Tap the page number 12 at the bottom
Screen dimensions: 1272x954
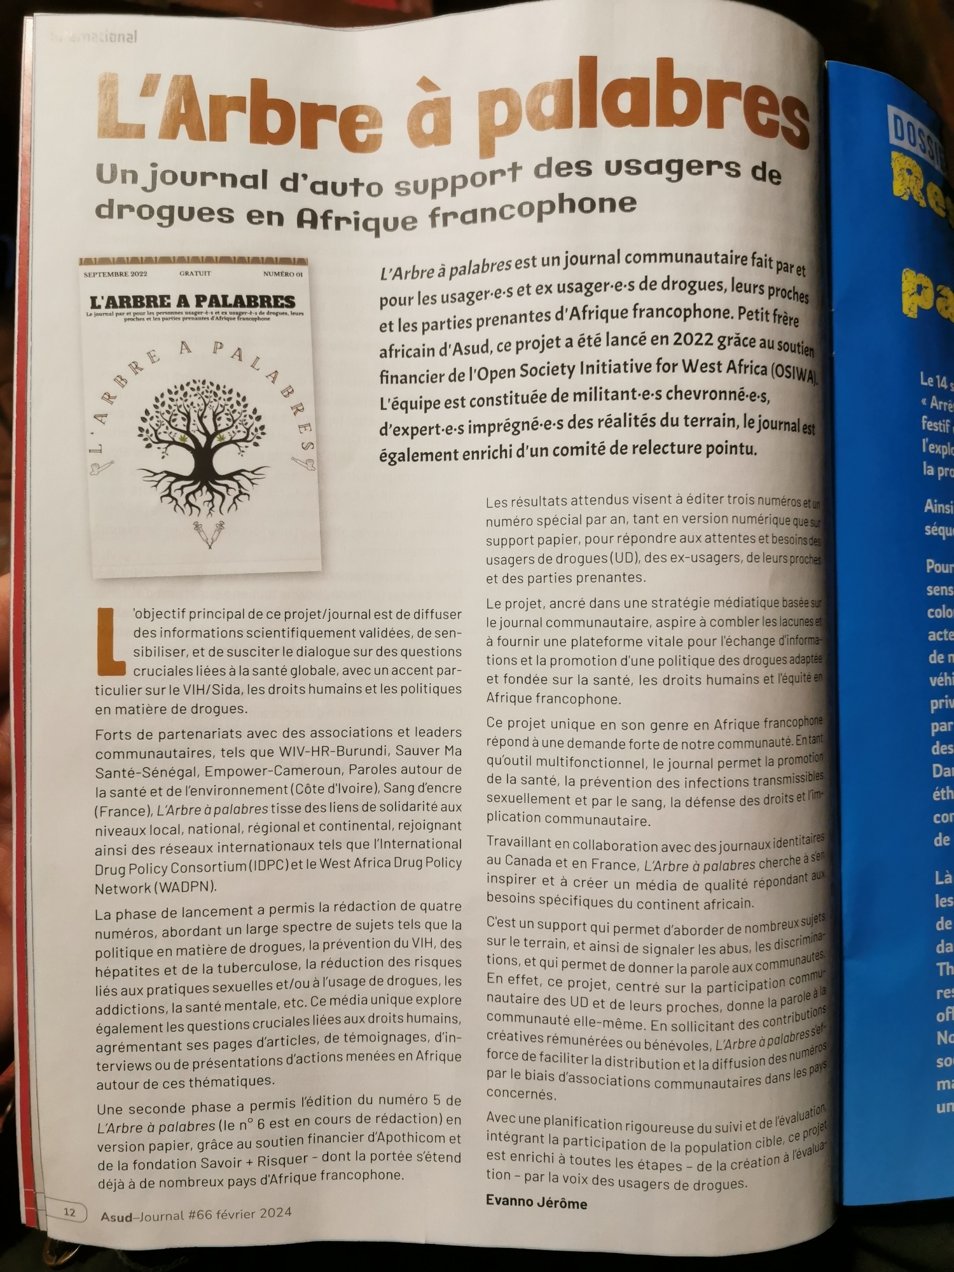pos(69,1212)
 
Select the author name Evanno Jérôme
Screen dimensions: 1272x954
pos(536,1203)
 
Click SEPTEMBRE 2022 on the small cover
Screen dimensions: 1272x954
pos(115,274)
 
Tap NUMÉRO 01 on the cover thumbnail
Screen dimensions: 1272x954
pos(283,273)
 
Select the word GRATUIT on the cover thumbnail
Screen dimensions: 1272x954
pos(195,273)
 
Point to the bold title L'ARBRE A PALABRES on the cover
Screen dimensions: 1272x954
pos(193,301)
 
